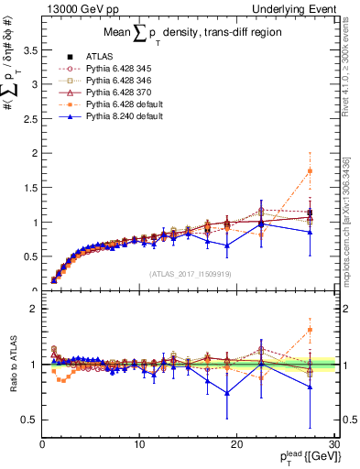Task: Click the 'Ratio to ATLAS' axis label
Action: [12, 365]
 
